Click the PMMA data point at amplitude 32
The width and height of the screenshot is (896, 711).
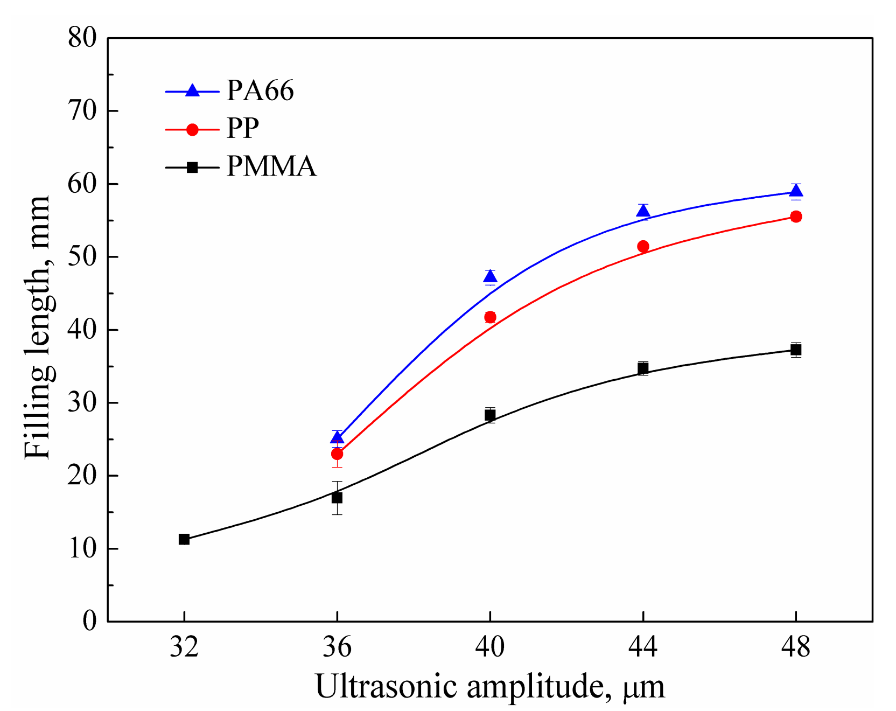click(x=184, y=539)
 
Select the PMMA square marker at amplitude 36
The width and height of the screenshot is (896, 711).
click(x=337, y=498)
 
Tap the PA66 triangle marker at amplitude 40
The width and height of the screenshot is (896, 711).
click(x=490, y=277)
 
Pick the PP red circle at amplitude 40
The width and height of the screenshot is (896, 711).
click(x=490, y=317)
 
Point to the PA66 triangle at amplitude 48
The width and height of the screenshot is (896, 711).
click(x=796, y=191)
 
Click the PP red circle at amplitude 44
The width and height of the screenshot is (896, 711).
click(x=643, y=246)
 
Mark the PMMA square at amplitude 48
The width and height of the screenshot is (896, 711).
click(x=796, y=350)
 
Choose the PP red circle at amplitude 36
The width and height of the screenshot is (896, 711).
click(x=337, y=454)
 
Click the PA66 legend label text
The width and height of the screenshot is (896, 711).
click(x=260, y=90)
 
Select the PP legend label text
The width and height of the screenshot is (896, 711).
click(x=243, y=128)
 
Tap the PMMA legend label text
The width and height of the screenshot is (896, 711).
click(x=271, y=166)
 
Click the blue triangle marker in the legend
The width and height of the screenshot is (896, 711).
click(x=192, y=90)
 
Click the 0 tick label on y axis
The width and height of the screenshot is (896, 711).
click(x=89, y=621)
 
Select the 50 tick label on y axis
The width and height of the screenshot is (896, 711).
click(x=82, y=256)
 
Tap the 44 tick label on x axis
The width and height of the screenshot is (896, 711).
click(x=643, y=646)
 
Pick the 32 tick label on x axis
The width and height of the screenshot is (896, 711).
click(x=184, y=646)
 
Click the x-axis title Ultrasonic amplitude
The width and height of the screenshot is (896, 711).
click(x=489, y=687)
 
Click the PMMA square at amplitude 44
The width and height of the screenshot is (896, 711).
click(x=643, y=368)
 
